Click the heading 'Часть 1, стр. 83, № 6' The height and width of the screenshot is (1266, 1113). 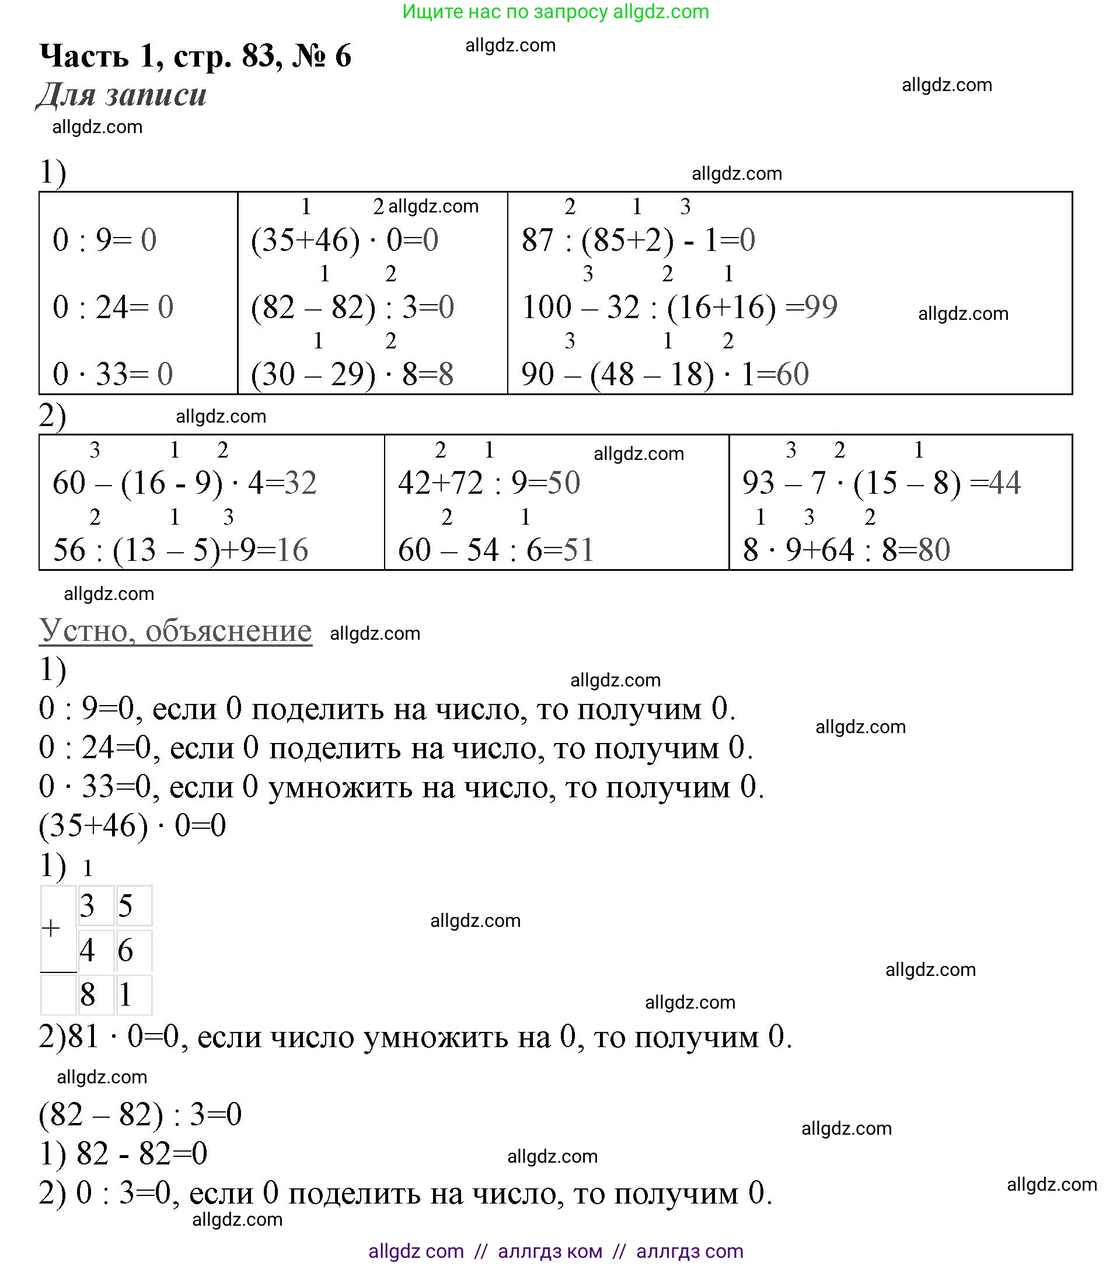click(x=195, y=56)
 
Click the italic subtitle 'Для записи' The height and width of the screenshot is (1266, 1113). click(x=121, y=95)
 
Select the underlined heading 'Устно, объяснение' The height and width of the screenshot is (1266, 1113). click(x=175, y=630)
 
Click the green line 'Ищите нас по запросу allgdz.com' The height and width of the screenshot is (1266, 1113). click(x=556, y=12)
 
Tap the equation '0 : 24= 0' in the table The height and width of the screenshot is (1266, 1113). click(x=113, y=307)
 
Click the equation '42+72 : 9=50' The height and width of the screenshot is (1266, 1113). click(x=489, y=483)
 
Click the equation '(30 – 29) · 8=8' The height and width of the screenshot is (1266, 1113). click(x=352, y=374)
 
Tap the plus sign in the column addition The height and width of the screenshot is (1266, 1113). click(x=51, y=929)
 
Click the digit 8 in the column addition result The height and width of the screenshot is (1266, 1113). click(x=88, y=995)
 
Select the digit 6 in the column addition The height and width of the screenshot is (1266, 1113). click(x=125, y=950)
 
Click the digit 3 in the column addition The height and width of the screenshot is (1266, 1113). click(x=88, y=905)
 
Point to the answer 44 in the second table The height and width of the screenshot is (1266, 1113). click(x=1004, y=483)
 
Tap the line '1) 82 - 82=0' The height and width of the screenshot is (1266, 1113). click(x=123, y=1153)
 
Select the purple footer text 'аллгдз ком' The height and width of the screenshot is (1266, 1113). click(x=549, y=1251)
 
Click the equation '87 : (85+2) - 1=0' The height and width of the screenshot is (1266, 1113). click(x=638, y=240)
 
